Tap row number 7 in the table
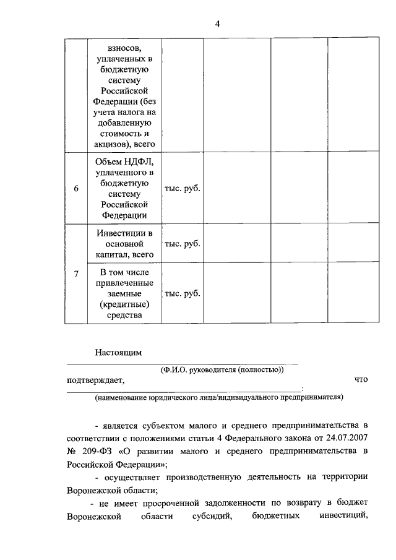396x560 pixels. [x=75, y=274]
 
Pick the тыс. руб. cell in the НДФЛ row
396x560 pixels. [x=181, y=188]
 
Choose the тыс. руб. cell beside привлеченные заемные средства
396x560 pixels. [x=181, y=293]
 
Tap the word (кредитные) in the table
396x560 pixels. [x=124, y=304]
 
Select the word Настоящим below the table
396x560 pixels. [x=118, y=353]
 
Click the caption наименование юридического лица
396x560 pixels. [x=218, y=397]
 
